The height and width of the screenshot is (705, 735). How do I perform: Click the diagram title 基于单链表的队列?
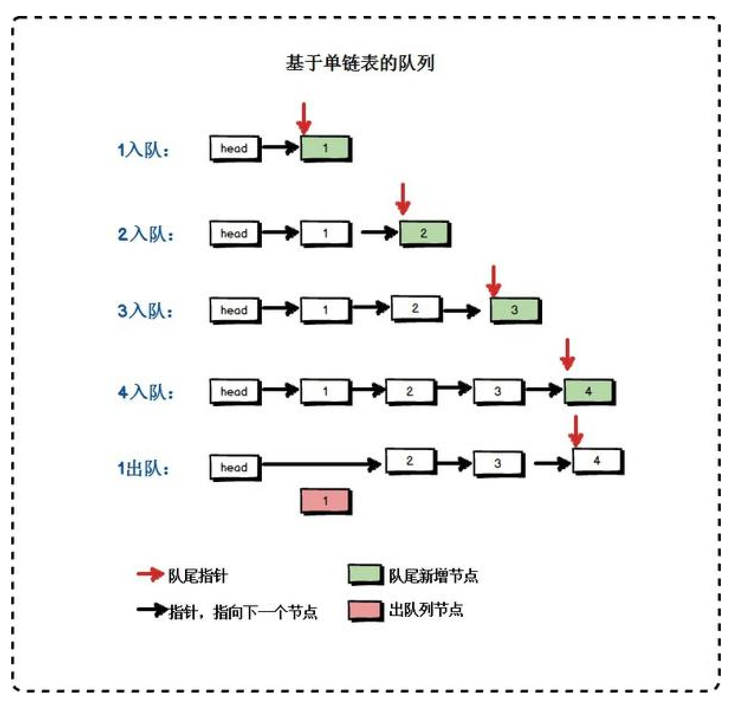(x=360, y=63)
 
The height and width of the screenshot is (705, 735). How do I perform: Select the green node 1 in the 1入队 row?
(x=325, y=148)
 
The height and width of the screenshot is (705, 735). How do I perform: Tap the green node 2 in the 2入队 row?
(x=424, y=233)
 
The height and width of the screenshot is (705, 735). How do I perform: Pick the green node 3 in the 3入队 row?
(x=514, y=309)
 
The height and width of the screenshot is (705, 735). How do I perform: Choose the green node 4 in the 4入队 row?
(x=588, y=391)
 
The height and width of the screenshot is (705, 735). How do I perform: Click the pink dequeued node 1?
(x=325, y=501)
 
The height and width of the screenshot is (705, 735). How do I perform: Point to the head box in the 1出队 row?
(x=235, y=467)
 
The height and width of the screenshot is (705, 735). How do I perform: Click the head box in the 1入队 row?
(x=235, y=148)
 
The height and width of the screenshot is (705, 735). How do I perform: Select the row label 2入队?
(x=145, y=234)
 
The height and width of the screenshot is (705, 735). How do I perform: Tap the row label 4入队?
(x=145, y=392)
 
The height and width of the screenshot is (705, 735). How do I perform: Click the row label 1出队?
(x=143, y=468)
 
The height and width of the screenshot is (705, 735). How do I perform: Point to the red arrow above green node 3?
(x=494, y=281)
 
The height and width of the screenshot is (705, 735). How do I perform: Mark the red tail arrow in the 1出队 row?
(x=576, y=431)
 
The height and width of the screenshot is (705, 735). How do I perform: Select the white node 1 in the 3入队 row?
(x=325, y=309)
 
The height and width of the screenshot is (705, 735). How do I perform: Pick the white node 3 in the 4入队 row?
(x=498, y=391)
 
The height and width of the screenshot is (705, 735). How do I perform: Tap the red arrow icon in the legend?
(x=150, y=574)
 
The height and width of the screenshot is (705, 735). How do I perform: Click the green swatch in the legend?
(x=365, y=574)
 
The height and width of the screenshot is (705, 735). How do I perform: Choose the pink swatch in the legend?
(x=365, y=610)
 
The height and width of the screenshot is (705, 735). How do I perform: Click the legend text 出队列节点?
(x=426, y=610)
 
